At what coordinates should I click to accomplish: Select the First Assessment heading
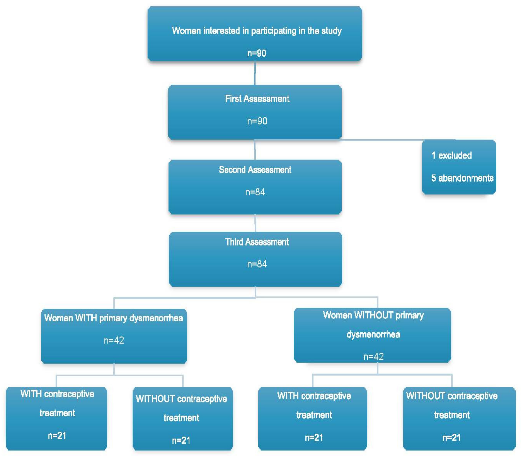pyautogui.click(x=257, y=99)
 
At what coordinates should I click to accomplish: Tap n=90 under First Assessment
pyautogui.click(x=257, y=121)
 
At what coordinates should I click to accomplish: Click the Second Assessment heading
pyautogui.click(x=255, y=170)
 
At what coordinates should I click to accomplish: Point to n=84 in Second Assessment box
pyautogui.click(x=255, y=192)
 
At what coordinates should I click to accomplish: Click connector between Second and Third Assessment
pyautogui.click(x=255, y=223)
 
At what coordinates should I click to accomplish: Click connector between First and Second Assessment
pyautogui.click(x=255, y=150)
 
